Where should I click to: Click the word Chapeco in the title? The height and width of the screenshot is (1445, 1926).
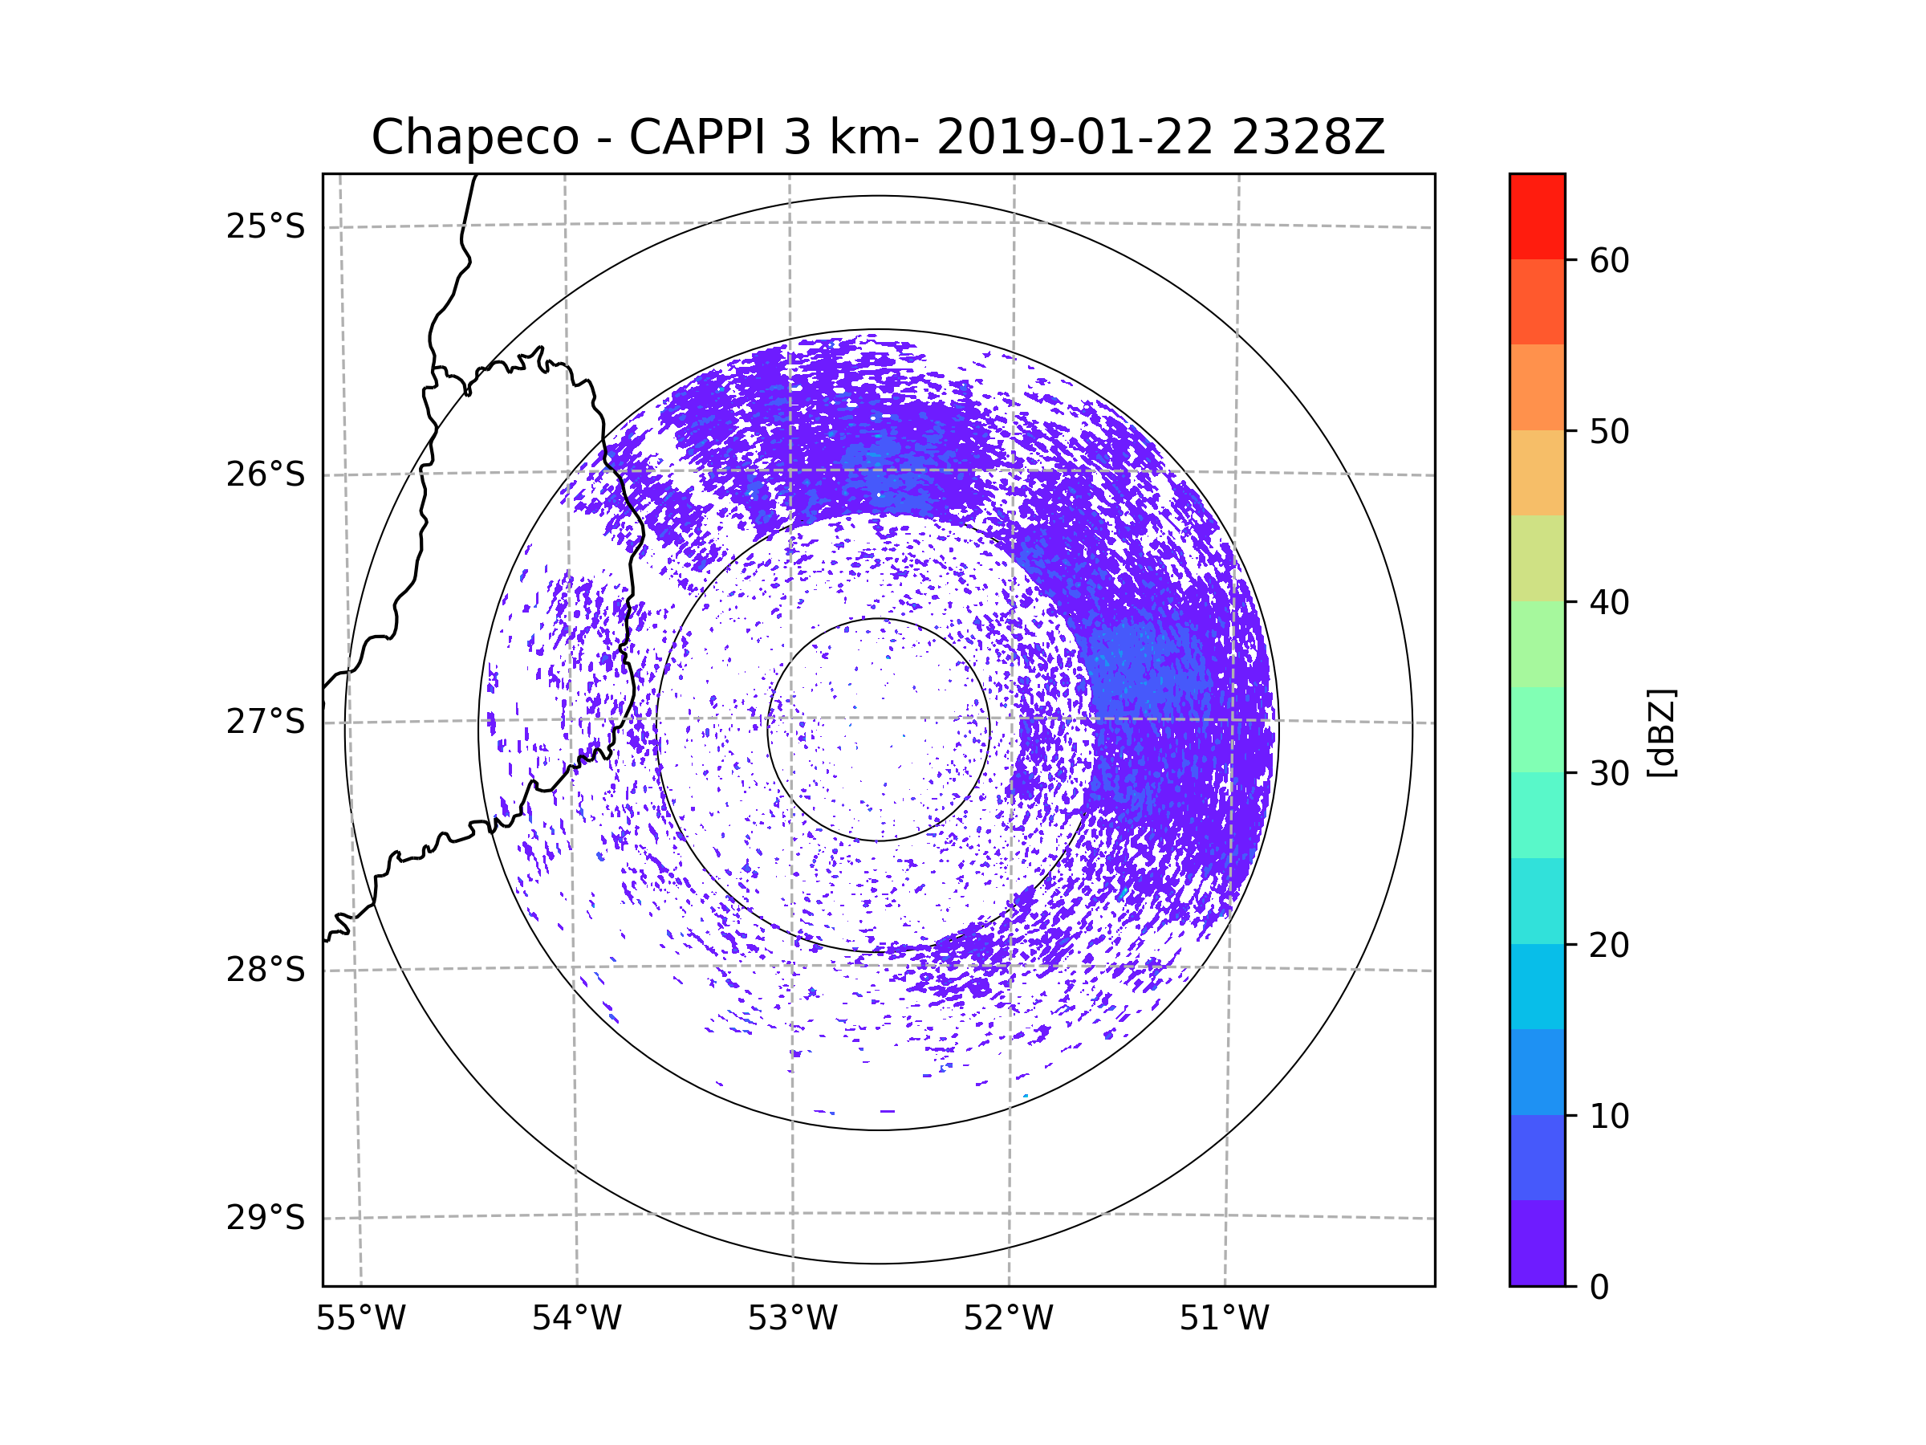(x=475, y=137)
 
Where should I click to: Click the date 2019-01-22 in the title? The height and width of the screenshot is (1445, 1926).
(x=1075, y=137)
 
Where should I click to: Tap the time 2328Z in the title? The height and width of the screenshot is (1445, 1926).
(x=1308, y=137)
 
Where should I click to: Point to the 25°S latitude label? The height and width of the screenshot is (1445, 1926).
(x=266, y=226)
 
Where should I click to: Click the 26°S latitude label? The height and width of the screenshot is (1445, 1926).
(x=266, y=474)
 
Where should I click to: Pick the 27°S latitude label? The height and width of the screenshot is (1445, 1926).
(x=266, y=722)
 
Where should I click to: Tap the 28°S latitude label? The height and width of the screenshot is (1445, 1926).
(x=266, y=970)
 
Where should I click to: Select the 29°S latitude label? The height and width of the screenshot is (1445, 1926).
(x=266, y=1218)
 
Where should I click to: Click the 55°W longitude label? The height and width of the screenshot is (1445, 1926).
(x=360, y=1319)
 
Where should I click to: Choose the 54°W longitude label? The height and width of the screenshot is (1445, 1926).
(x=576, y=1319)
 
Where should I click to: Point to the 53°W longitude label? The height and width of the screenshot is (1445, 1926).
(x=792, y=1319)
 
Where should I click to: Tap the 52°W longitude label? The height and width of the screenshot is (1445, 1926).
(x=1008, y=1319)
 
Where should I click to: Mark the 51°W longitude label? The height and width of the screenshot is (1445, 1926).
(x=1224, y=1319)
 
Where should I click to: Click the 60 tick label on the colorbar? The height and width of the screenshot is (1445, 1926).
(x=1609, y=260)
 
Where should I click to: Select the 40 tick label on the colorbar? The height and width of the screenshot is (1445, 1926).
(x=1609, y=603)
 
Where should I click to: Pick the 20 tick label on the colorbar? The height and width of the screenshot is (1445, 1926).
(x=1609, y=945)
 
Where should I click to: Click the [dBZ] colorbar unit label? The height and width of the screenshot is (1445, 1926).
(x=1661, y=732)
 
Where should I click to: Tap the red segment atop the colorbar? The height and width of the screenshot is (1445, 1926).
(x=1538, y=217)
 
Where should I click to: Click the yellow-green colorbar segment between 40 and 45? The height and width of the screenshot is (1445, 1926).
(x=1538, y=558)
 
